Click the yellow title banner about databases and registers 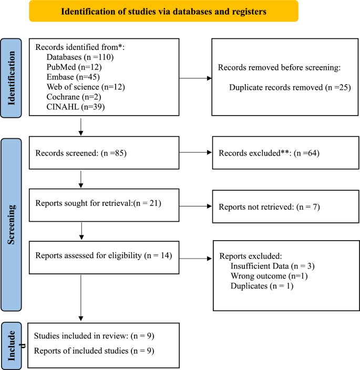click(163, 11)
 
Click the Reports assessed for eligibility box click(104, 256)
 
